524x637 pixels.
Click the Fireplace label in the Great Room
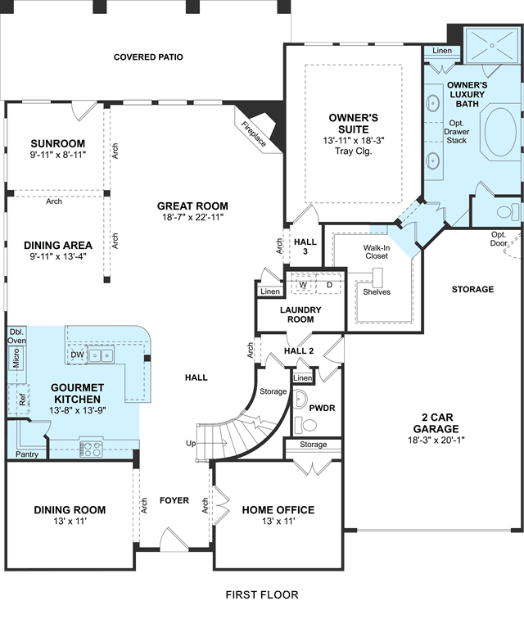pos(254,134)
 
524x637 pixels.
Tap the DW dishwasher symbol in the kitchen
pos(77,355)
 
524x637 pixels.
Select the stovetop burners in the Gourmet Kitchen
pos(91,449)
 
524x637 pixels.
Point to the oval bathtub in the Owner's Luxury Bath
pos(500,132)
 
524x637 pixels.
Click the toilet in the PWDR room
pos(305,425)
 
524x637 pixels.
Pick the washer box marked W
pos(303,285)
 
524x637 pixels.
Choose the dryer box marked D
pos(329,285)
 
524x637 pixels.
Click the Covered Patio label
pos(148,56)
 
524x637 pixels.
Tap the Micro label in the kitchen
pos(16,358)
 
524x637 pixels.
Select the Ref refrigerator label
pos(22,400)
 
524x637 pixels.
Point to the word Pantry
pos(27,454)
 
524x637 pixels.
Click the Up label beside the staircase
pos(191,443)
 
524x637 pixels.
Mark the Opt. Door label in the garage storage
pos(499,239)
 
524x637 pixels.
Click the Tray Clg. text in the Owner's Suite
pos(354,151)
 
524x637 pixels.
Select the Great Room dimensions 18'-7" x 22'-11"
pos(193,217)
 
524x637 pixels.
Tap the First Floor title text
pos(262,594)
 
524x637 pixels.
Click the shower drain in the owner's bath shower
pos(492,46)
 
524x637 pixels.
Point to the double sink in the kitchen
pos(102,355)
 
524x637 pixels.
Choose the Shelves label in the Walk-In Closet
pos(377,291)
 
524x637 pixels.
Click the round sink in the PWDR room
pos(299,400)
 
